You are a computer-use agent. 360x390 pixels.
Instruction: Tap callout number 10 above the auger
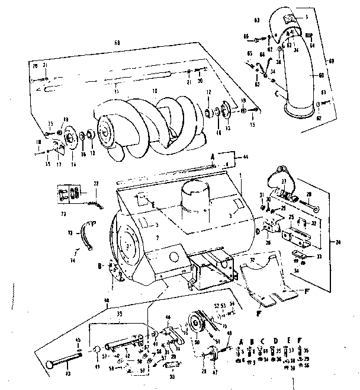tap(155, 92)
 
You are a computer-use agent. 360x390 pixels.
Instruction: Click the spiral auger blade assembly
tap(148, 124)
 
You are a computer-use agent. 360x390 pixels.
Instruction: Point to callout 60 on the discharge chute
tap(321, 76)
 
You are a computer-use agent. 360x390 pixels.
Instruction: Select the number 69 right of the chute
tap(348, 62)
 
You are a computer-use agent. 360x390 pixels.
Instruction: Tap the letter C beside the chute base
tap(277, 92)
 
